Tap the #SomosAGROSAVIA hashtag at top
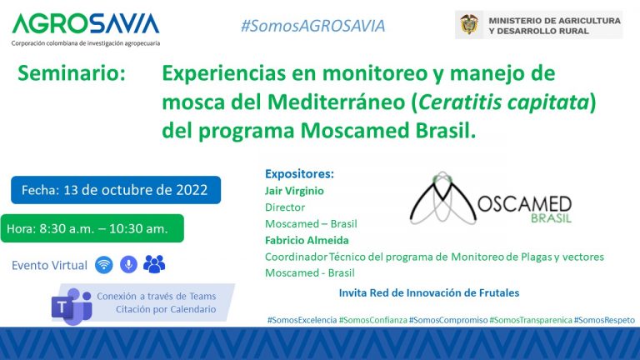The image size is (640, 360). pos(312,26)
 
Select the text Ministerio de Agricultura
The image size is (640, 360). pos(555,19)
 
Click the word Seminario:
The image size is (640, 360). pos(72,73)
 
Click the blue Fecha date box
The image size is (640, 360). pos(116,189)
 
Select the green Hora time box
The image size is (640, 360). pos(92,227)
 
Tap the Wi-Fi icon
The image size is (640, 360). pos(103,265)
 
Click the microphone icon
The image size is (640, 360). pos(128,265)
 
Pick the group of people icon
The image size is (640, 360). pos(154,265)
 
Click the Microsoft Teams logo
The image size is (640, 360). pos(71,306)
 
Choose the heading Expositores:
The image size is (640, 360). pos(299,174)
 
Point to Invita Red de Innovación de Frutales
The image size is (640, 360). pos(429,292)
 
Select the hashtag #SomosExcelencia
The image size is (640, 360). pos(302,320)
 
